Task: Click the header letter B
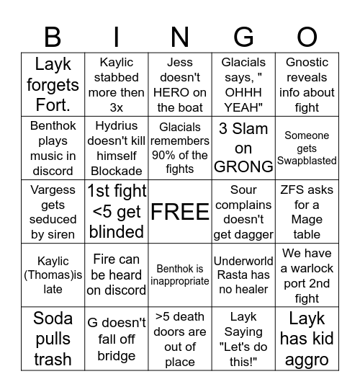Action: (x=53, y=37)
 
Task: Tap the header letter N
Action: (x=180, y=37)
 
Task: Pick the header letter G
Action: (x=243, y=37)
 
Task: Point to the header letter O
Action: (x=307, y=37)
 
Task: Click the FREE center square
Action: (x=180, y=212)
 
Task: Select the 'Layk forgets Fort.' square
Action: (x=53, y=84)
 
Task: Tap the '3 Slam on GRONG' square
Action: (x=243, y=148)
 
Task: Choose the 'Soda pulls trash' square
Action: (x=53, y=339)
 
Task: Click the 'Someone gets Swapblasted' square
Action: (x=307, y=148)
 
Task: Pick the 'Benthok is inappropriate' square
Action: (x=180, y=275)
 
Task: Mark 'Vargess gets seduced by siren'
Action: (x=53, y=212)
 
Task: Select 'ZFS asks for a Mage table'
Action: (x=307, y=212)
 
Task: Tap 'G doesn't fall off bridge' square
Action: (x=116, y=339)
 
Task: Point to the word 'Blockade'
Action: (x=116, y=171)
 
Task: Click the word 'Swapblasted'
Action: (x=307, y=161)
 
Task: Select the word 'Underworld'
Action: (x=243, y=261)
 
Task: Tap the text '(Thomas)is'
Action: (x=53, y=275)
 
